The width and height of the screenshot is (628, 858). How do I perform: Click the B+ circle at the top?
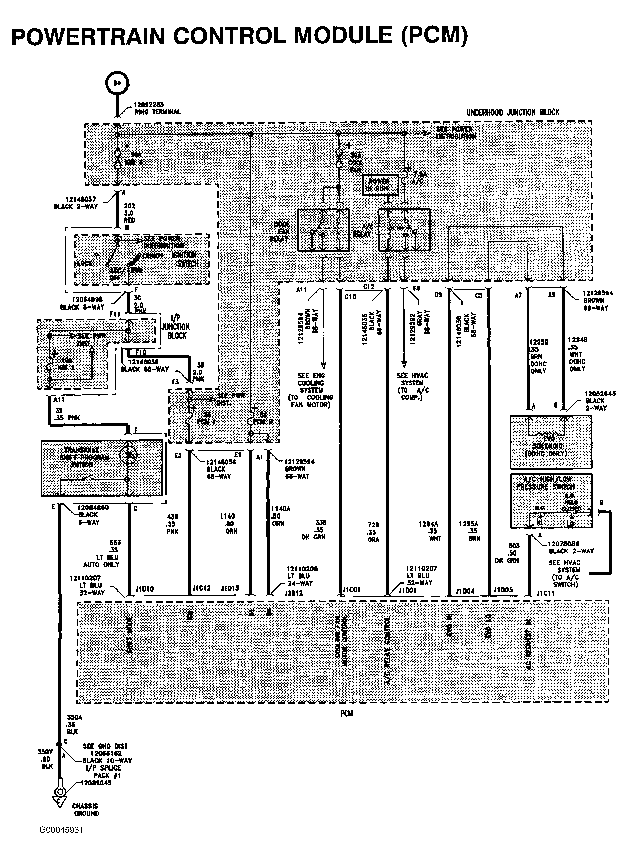tap(117, 82)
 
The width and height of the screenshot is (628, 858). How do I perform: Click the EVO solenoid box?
tap(550, 442)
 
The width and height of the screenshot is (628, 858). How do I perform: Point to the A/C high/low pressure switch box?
tap(551, 500)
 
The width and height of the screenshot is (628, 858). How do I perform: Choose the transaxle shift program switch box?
tap(102, 468)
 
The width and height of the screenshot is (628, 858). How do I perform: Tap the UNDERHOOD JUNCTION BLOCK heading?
tap(512, 112)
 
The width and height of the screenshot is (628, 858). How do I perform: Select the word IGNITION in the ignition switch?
tap(184, 255)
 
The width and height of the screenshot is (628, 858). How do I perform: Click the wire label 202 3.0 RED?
tap(129, 213)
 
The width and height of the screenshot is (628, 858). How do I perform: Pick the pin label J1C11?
tap(545, 593)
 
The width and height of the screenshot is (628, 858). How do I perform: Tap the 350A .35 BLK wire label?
tap(73, 724)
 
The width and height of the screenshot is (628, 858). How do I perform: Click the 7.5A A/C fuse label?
tap(420, 178)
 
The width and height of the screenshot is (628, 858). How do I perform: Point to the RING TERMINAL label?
tap(157, 112)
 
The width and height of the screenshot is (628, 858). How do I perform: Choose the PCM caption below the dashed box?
tap(346, 714)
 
